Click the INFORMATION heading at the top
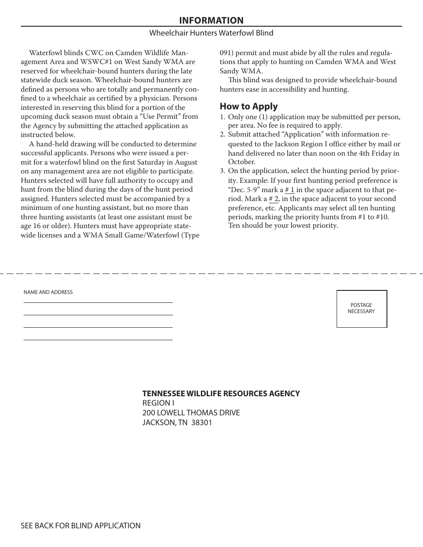click(211, 20)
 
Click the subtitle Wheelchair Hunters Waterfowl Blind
click(211, 33)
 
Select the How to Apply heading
click(248, 106)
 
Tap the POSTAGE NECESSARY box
click(362, 309)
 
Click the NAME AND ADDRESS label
click(48, 292)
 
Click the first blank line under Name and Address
click(98, 302)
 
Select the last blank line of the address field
click(98, 339)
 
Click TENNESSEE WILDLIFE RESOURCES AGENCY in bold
click(221, 394)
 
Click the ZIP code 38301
click(202, 422)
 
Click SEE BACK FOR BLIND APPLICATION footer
click(81, 526)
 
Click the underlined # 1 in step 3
click(289, 190)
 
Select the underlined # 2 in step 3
click(273, 199)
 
